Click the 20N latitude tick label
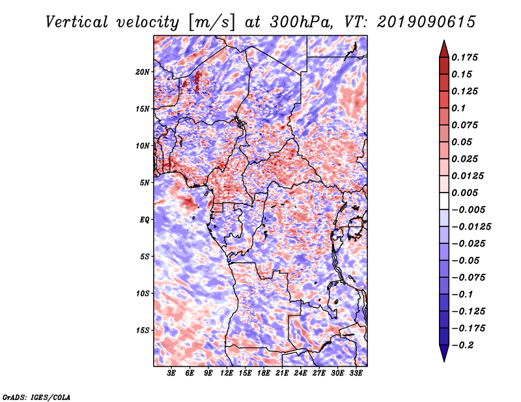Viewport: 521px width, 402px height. [x=143, y=72]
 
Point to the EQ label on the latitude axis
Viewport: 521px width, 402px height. [x=145, y=219]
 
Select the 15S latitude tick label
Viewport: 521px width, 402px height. [x=143, y=330]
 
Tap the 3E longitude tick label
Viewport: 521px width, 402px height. [x=172, y=373]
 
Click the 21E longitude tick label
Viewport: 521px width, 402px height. [x=283, y=373]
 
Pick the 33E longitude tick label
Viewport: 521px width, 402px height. [x=356, y=373]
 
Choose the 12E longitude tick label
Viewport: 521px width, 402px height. [x=227, y=373]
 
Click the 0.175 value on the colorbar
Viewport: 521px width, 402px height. [x=466, y=57]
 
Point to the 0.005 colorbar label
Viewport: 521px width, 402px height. [x=466, y=193]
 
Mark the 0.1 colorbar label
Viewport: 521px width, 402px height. [x=460, y=108]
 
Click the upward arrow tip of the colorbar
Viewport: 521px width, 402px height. [x=444, y=42]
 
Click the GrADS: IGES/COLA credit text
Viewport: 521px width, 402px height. [x=36, y=396]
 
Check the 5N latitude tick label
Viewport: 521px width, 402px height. [x=145, y=182]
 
